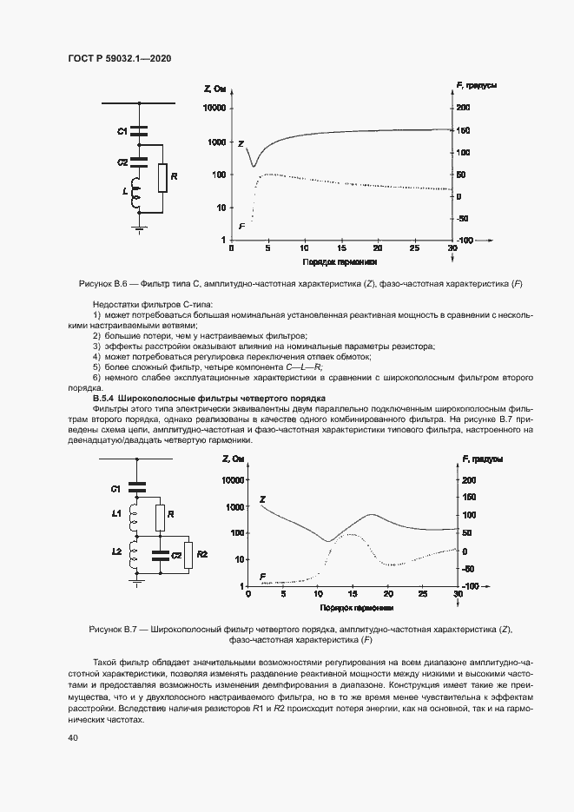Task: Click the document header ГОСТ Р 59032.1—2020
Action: click(x=119, y=58)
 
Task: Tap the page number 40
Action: click(x=72, y=737)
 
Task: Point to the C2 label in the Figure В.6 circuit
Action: click(x=122, y=162)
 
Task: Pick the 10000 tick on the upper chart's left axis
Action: click(x=213, y=108)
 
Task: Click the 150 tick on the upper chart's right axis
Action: click(x=464, y=130)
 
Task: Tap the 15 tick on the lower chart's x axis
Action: click(x=353, y=595)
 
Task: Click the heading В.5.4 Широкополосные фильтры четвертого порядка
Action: click(x=208, y=398)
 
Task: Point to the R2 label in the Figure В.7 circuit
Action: click(x=201, y=553)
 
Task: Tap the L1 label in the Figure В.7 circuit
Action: click(x=115, y=516)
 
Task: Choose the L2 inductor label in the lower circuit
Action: click(x=115, y=552)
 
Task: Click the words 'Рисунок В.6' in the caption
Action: click(x=103, y=284)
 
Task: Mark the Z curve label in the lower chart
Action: click(x=262, y=499)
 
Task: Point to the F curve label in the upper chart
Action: click(x=241, y=225)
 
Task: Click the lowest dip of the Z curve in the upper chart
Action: click(x=253, y=165)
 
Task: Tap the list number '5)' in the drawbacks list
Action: click(x=96, y=367)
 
